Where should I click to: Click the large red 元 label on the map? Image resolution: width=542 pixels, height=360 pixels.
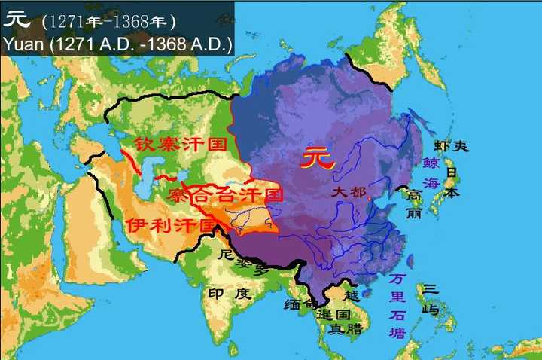point(316,158)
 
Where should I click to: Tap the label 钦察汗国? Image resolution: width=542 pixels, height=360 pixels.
point(180,144)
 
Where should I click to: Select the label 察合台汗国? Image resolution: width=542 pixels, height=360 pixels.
point(226,196)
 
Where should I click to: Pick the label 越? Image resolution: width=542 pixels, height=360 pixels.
point(352,295)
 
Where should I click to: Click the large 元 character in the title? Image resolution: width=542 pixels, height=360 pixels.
point(17,19)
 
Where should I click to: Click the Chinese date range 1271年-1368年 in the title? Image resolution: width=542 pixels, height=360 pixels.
point(109,20)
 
